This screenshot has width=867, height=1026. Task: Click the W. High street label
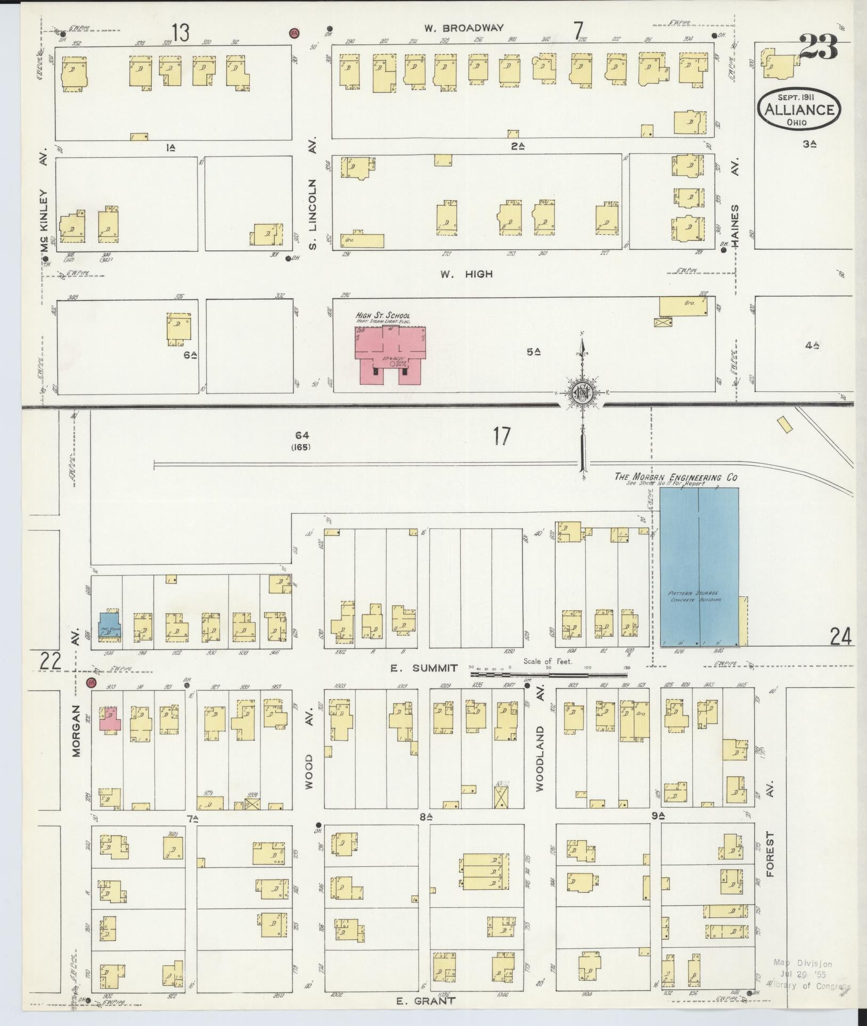pos(466,274)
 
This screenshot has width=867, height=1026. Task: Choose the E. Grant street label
pos(427,1000)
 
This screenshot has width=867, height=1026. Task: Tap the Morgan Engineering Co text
pos(676,477)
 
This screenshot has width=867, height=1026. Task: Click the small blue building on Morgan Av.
pos(109,625)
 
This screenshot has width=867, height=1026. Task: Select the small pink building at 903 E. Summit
pos(111,720)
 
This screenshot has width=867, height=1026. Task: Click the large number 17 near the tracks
pos(501,437)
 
